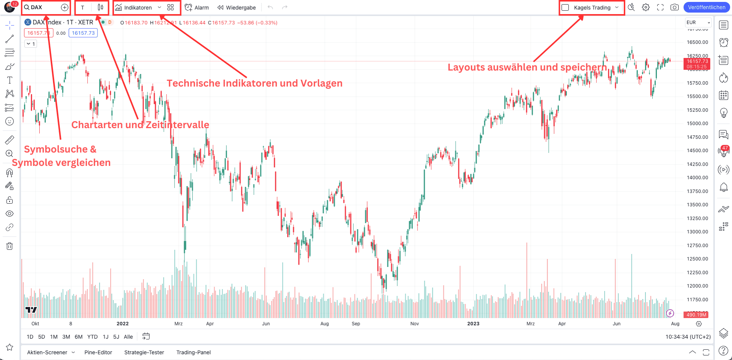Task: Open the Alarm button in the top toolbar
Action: pyautogui.click(x=197, y=8)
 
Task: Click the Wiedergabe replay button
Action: pyautogui.click(x=236, y=8)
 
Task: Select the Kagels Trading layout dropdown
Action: pyautogui.click(x=592, y=8)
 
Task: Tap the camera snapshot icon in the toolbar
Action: pyautogui.click(x=674, y=7)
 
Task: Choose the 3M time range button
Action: pyautogui.click(x=66, y=337)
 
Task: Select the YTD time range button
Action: pyautogui.click(x=92, y=337)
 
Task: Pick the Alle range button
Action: pyautogui.click(x=128, y=337)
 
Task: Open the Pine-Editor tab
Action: pyautogui.click(x=98, y=352)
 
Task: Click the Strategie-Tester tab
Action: pyautogui.click(x=144, y=352)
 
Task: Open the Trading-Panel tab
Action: pyautogui.click(x=193, y=352)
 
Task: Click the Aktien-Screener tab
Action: pyautogui.click(x=47, y=352)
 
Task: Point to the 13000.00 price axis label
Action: pyautogui.click(x=697, y=231)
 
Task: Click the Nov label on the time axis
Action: pyautogui.click(x=414, y=324)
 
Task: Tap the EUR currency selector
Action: pyautogui.click(x=698, y=22)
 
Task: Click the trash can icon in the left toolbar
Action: pyautogui.click(x=10, y=246)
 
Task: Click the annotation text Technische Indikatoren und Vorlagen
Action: pyautogui.click(x=254, y=83)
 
